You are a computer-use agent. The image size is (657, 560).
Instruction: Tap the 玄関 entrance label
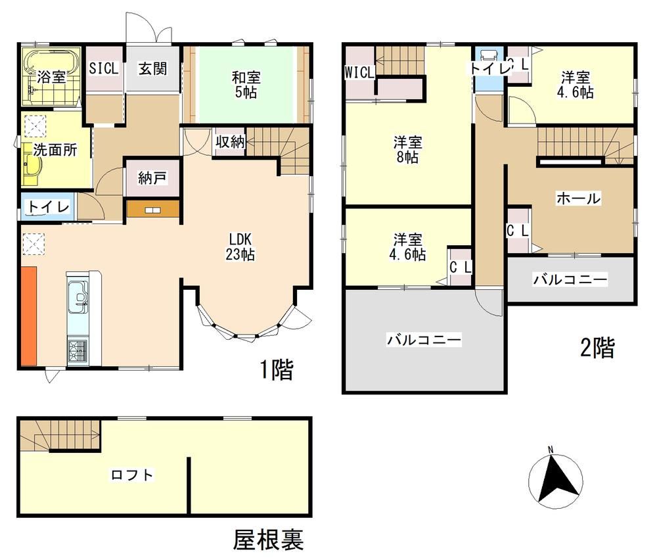pyautogui.click(x=153, y=68)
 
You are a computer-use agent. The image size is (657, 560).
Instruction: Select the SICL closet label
pyautogui.click(x=104, y=68)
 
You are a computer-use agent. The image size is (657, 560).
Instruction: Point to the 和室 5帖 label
pyautogui.click(x=246, y=85)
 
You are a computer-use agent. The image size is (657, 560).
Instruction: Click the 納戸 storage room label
pyautogui.click(x=152, y=179)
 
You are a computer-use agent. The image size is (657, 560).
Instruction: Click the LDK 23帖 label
pyautogui.click(x=240, y=247)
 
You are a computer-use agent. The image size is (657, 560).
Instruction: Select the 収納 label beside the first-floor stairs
pyautogui.click(x=230, y=142)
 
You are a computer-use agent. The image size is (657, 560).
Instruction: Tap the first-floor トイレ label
pyautogui.click(x=48, y=207)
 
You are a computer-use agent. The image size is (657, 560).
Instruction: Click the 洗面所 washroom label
pyautogui.click(x=55, y=150)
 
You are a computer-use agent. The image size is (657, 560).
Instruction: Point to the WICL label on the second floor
pyautogui.click(x=359, y=72)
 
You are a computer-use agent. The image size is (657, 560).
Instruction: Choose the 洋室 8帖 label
pyautogui.click(x=407, y=150)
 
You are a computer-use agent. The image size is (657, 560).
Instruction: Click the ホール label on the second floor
pyautogui.click(x=578, y=198)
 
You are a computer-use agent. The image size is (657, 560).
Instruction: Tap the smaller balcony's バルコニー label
pyautogui.click(x=570, y=279)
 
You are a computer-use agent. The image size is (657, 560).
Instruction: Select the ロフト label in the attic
pyautogui.click(x=132, y=475)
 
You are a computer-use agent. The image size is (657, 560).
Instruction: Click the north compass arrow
pyautogui.click(x=556, y=478)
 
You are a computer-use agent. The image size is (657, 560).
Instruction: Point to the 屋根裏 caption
pyautogui.click(x=268, y=540)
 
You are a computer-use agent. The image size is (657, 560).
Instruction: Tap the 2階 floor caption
pyautogui.click(x=597, y=348)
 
